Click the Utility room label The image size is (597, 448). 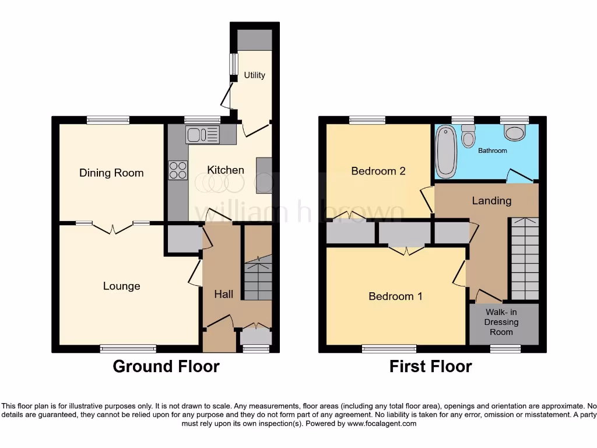pyautogui.click(x=254, y=75)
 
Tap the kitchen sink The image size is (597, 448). pyautogui.click(x=202, y=135)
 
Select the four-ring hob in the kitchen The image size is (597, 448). pyautogui.click(x=178, y=169)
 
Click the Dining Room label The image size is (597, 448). pyautogui.click(x=111, y=173)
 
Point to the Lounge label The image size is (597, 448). pyautogui.click(x=121, y=286)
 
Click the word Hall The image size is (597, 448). pyautogui.click(x=223, y=294)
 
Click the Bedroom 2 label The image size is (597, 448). pyautogui.click(x=378, y=171)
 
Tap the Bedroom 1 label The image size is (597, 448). pyautogui.click(x=395, y=296)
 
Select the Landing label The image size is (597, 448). pyautogui.click(x=491, y=201)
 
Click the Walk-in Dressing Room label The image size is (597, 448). pyautogui.click(x=501, y=322)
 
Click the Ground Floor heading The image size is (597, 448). pyautogui.click(x=166, y=366)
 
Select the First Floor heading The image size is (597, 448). pyautogui.click(x=430, y=366)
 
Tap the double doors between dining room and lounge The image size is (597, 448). pyautogui.click(x=112, y=227)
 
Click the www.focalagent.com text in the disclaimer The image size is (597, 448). pyautogui.click(x=382, y=423)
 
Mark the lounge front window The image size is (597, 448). pyautogui.click(x=128, y=349)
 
